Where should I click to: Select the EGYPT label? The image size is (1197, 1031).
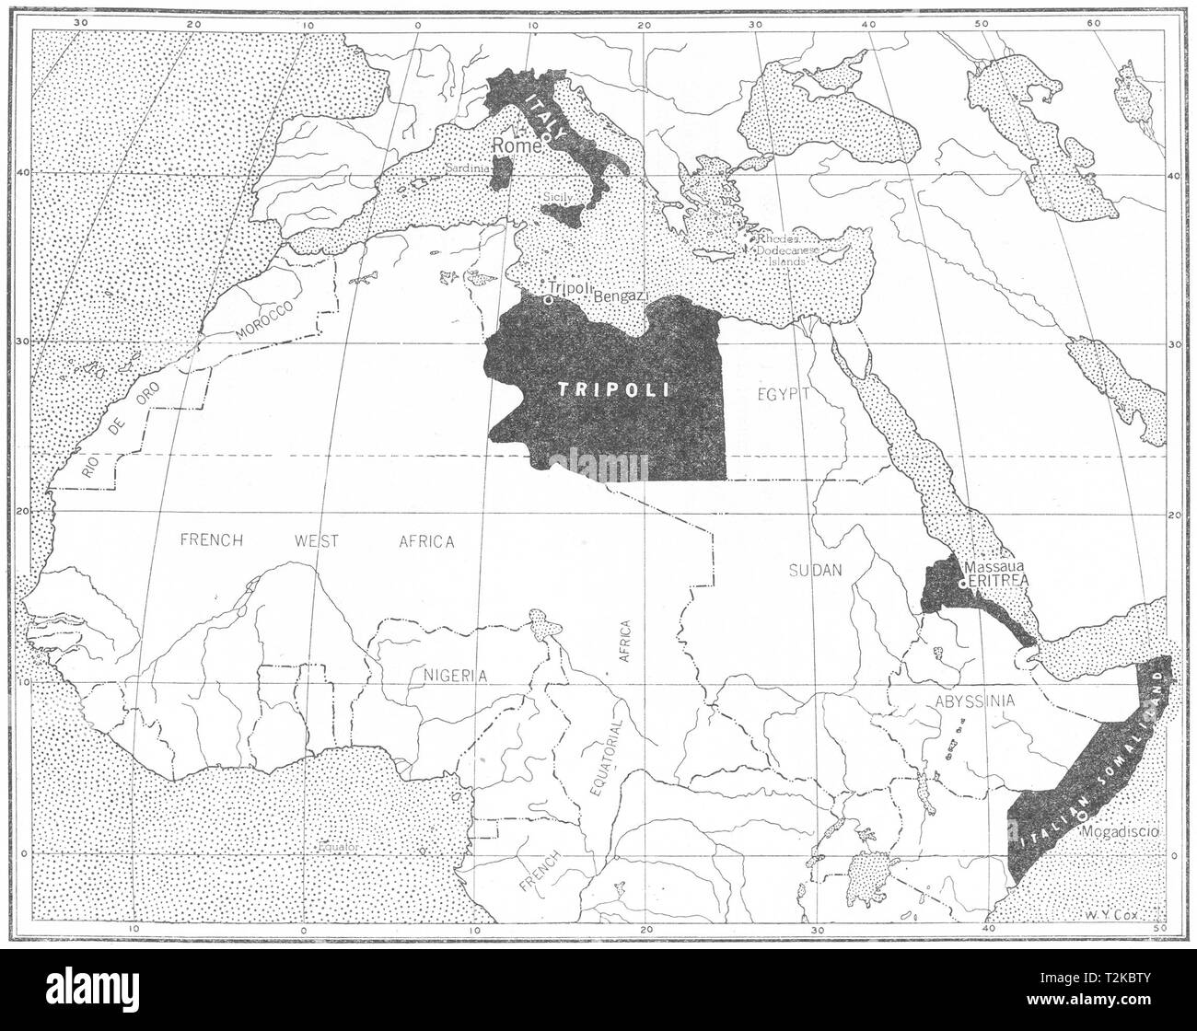(784, 393)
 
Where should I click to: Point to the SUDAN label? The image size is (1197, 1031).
(815, 571)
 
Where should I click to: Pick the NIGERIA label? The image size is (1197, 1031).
(455, 675)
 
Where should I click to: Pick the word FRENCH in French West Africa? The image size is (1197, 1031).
(211, 540)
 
